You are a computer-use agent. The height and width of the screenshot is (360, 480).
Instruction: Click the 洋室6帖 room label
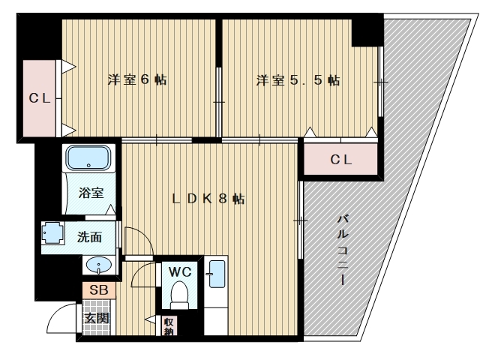[x=137, y=80]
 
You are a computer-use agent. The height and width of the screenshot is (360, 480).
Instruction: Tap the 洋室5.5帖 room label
[x=298, y=80]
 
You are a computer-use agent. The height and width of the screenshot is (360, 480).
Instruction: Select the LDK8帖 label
[x=208, y=199]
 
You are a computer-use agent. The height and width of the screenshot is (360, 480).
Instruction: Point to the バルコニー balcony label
[x=343, y=250]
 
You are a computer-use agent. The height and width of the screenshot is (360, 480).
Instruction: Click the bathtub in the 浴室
[x=88, y=157]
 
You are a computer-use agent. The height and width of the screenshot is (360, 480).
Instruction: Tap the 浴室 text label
[x=91, y=193]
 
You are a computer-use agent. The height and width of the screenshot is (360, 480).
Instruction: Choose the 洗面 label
[x=89, y=237]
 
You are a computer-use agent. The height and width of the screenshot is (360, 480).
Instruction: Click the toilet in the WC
[x=180, y=295]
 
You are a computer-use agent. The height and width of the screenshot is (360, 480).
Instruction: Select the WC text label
[x=180, y=271]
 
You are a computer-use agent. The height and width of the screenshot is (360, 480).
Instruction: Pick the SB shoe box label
[x=99, y=289]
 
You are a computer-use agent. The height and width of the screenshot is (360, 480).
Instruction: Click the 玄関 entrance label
[x=97, y=318]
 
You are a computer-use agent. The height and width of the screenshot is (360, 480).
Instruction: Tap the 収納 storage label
[x=169, y=325]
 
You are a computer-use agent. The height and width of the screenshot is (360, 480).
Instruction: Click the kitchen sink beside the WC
[x=216, y=274]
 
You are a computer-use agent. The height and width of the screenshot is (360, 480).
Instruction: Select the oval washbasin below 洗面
[x=99, y=265]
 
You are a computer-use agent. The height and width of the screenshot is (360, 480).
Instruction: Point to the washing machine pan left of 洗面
[x=53, y=233]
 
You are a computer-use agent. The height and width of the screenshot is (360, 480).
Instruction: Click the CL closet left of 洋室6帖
[x=40, y=98]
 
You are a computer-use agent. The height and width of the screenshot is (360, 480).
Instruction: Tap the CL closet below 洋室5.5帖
[x=340, y=159]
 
